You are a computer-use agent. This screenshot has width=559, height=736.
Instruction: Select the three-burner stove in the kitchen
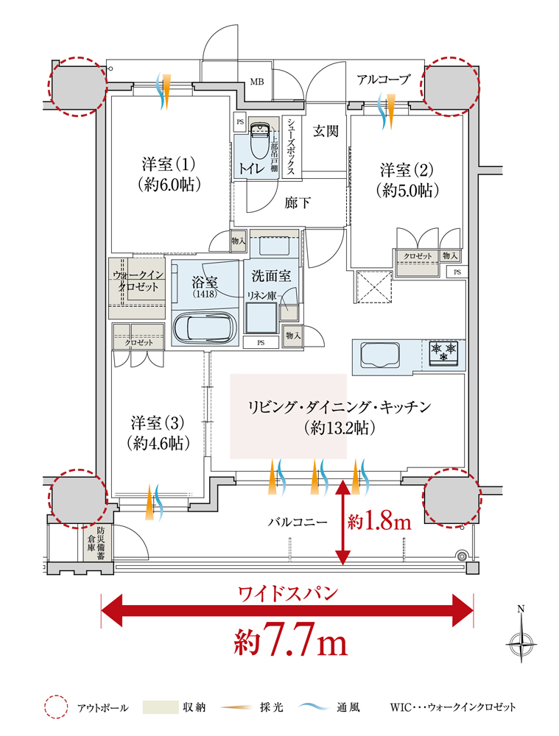click(443, 353)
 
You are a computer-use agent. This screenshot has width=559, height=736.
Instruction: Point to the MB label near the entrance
click(256, 82)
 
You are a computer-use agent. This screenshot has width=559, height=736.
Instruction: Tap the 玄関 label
click(326, 131)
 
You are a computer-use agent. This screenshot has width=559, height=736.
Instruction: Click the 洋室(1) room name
click(168, 164)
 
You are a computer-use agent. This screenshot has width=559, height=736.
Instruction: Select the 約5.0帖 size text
click(407, 191)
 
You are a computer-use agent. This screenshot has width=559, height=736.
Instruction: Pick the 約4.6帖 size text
click(158, 443)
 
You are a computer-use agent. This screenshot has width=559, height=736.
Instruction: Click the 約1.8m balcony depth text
click(379, 522)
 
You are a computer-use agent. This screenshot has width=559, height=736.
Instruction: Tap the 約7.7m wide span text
click(291, 640)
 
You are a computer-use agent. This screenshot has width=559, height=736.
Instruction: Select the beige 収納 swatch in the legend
click(160, 707)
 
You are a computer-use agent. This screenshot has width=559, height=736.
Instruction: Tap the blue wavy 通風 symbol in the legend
click(314, 707)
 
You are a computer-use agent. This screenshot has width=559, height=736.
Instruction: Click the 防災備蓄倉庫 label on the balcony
click(94, 543)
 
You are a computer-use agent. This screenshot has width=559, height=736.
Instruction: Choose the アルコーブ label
click(383, 79)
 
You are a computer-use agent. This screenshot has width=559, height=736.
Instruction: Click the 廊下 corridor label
click(298, 203)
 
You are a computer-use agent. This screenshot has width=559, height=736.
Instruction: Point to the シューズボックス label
click(291, 146)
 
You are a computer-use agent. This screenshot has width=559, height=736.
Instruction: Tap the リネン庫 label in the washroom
click(261, 296)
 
